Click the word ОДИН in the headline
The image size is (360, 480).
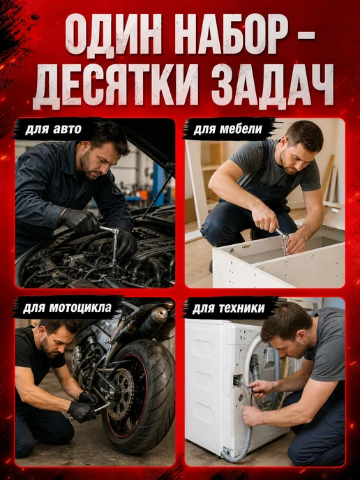pyautogui.click(x=113, y=33)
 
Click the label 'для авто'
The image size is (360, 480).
pyautogui.click(x=53, y=130)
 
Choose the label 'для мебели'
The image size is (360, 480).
pyautogui.click(x=227, y=130)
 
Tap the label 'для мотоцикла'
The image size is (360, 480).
pyautogui.click(x=67, y=308)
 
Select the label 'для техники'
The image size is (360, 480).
pyautogui.click(x=228, y=308)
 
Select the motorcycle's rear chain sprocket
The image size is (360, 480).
pyautogui.click(x=120, y=394)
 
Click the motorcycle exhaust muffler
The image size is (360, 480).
pyautogui.click(x=153, y=321)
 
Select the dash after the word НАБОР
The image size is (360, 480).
pyautogui.click(x=305, y=36)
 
